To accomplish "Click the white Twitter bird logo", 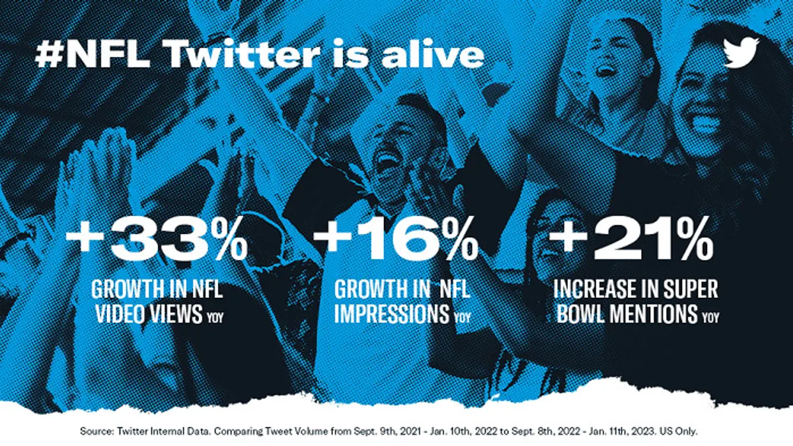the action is (741, 52).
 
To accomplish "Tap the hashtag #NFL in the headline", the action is (93, 53).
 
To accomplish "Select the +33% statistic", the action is (157, 239).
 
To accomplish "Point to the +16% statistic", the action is (396, 239).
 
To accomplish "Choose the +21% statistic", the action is (631, 239).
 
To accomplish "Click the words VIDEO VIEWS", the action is (149, 313).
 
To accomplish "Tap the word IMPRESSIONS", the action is (392, 313).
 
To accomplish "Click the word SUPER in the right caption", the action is (691, 289).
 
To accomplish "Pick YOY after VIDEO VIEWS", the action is (215, 317).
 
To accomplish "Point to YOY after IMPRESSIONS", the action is (463, 317).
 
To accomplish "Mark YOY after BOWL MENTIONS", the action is (711, 317).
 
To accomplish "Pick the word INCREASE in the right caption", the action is (595, 289).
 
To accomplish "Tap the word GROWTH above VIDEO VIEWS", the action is (128, 289).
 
